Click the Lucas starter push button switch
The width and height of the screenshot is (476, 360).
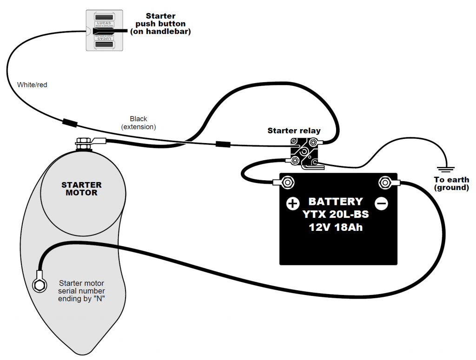(x=104, y=31)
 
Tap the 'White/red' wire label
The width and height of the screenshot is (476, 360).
(x=32, y=85)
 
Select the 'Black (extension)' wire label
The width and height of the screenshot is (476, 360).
(x=139, y=123)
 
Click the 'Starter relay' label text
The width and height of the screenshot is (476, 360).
(x=294, y=131)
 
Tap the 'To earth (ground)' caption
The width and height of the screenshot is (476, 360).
(x=451, y=183)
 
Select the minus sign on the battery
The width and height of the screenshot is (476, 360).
(x=381, y=203)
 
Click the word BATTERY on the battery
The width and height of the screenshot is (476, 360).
(x=336, y=202)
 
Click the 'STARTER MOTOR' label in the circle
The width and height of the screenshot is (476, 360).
(x=81, y=189)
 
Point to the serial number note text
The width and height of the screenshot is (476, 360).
(x=81, y=291)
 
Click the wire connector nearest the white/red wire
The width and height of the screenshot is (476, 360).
(x=70, y=124)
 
